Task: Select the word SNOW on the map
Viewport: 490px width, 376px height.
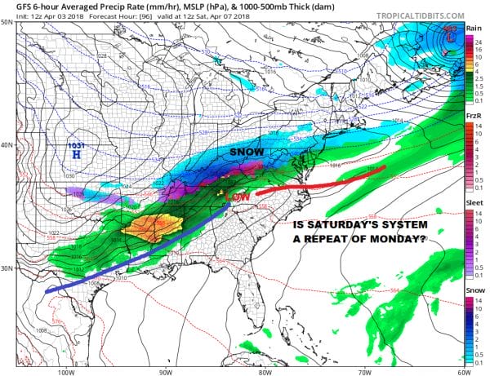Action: tap(245, 152)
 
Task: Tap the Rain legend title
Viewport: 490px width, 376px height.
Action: tap(472, 28)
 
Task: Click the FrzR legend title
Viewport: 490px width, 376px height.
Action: tap(472, 117)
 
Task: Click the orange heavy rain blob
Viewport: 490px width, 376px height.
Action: tap(151, 226)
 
